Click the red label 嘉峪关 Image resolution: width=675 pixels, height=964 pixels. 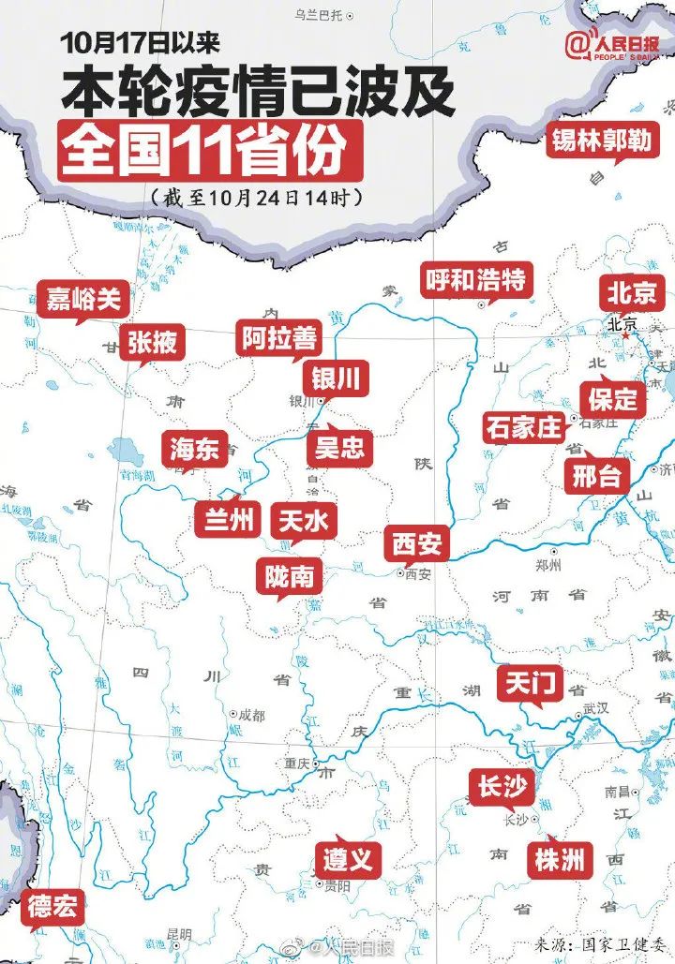coord(84,299)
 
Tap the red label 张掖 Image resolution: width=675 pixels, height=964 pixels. coord(152,343)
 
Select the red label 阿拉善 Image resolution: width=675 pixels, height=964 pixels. coord(278,338)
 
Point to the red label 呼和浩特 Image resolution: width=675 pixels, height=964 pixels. coord(475,279)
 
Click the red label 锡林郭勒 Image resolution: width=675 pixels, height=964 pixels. coord(613,141)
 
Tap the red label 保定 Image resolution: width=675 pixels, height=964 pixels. coord(613,399)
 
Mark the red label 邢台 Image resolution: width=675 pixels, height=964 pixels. coord(596,476)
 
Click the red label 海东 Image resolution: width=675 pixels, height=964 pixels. coord(194,450)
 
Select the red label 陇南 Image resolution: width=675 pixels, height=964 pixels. coord(289,576)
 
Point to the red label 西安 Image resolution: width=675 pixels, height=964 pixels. coord(416,542)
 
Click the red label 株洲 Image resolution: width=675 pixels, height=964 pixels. coord(561,858)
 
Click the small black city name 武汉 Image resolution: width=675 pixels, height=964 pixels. coord(597,709)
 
